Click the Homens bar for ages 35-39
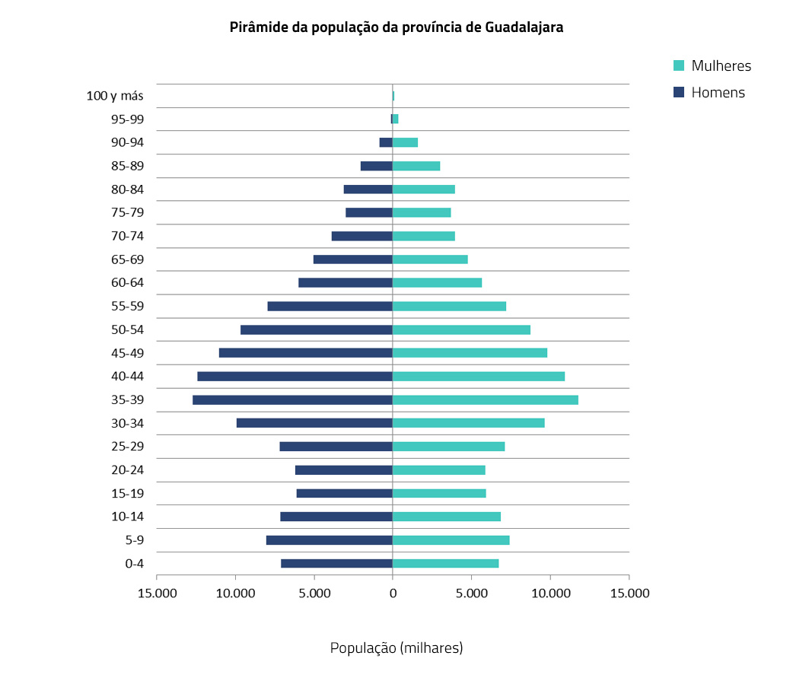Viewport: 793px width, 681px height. [292, 400]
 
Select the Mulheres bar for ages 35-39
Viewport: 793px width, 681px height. [486, 400]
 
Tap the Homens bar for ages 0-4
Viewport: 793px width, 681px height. [336, 564]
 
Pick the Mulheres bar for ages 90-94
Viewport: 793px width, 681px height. [405, 142]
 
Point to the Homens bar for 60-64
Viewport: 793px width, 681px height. [346, 283]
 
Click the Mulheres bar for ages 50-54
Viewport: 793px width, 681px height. [461, 330]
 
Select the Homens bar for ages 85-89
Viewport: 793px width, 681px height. [376, 166]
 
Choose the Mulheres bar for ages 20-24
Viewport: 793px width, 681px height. [439, 470]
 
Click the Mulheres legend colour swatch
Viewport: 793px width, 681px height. [680, 65]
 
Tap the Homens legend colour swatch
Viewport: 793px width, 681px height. [680, 93]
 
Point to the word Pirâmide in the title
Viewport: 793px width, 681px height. [257, 27]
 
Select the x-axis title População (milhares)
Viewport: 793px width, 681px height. [396, 648]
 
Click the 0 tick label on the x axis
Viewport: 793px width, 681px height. [393, 593]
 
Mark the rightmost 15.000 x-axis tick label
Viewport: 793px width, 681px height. [629, 593]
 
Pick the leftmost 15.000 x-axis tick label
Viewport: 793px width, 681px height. [157, 593]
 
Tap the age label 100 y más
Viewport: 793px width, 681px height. [116, 96]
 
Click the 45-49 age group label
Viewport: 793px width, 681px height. [128, 353]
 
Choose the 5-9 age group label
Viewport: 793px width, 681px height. [134, 540]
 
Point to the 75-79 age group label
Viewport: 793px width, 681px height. [128, 213]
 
